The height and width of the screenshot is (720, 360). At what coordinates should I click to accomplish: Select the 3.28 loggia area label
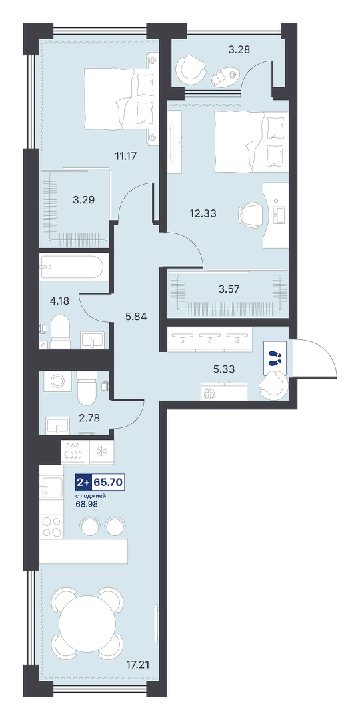[x=239, y=49]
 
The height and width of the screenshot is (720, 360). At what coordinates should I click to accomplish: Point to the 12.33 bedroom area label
[x=203, y=213]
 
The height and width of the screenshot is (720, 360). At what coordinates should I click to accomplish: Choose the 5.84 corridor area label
[x=136, y=317]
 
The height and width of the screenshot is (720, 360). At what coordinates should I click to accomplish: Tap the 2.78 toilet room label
[x=89, y=418]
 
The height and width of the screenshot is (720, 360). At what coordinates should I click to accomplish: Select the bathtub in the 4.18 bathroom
[x=74, y=266]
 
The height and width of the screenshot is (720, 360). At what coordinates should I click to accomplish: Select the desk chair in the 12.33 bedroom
[x=251, y=214]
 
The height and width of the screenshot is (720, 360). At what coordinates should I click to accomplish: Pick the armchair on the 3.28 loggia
[x=191, y=69]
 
